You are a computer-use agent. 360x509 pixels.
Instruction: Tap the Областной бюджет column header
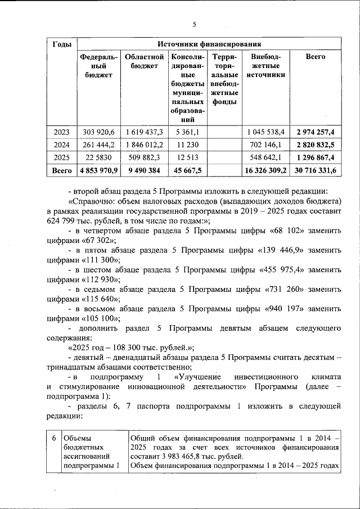pos(144,61)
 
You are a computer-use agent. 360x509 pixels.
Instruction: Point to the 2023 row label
pos(61,132)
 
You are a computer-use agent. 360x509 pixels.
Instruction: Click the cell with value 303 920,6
pos(98,132)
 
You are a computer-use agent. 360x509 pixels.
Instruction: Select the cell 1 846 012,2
pos(144,145)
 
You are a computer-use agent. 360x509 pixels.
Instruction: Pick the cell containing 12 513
pos(187,157)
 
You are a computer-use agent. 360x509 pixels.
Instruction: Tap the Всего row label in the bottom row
pos(61,169)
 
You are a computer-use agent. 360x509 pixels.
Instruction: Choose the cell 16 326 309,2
pos(266,169)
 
